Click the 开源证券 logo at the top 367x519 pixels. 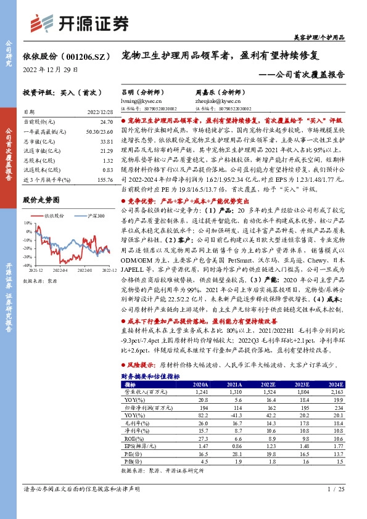pos(81,23)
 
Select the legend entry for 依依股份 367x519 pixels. pos(52,216)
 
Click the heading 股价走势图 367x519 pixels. pos(41,200)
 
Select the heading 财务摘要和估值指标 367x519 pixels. pos(151,376)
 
